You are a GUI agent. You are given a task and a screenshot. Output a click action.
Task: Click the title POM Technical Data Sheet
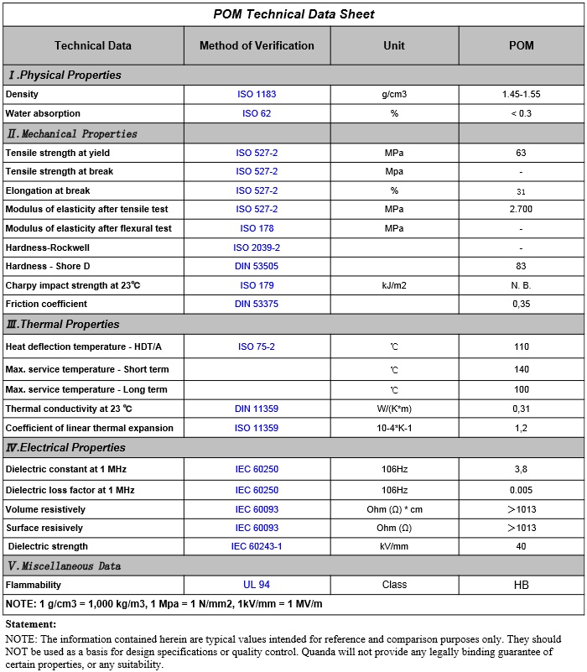(x=293, y=14)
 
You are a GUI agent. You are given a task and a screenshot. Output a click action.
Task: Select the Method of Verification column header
(x=257, y=46)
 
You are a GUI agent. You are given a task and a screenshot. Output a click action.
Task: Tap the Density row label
(x=23, y=95)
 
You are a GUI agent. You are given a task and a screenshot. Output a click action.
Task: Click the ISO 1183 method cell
(x=257, y=95)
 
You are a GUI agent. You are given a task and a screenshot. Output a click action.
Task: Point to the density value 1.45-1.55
(x=521, y=95)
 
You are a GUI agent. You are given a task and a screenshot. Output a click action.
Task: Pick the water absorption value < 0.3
(x=521, y=113)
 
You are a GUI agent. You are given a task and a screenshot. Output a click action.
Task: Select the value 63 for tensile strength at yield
(x=521, y=154)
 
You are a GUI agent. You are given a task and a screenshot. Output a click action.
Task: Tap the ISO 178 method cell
(x=257, y=228)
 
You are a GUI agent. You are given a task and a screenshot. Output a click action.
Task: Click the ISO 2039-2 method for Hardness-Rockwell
(x=257, y=248)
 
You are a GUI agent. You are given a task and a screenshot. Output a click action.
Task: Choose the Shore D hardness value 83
(x=521, y=267)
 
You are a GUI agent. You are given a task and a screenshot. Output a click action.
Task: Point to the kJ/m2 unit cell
(x=393, y=285)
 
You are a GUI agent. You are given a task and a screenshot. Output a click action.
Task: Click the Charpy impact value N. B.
(x=521, y=285)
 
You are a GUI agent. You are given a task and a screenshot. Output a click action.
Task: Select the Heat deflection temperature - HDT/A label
(x=84, y=346)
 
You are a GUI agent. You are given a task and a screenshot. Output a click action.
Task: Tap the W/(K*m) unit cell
(x=393, y=409)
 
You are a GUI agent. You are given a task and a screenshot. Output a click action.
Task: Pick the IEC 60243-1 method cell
(x=257, y=546)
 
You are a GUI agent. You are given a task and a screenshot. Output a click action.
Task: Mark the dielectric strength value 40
(x=521, y=546)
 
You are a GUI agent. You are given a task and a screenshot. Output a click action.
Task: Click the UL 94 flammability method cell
(x=257, y=585)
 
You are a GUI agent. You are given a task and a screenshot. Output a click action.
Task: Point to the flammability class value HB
(x=521, y=585)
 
